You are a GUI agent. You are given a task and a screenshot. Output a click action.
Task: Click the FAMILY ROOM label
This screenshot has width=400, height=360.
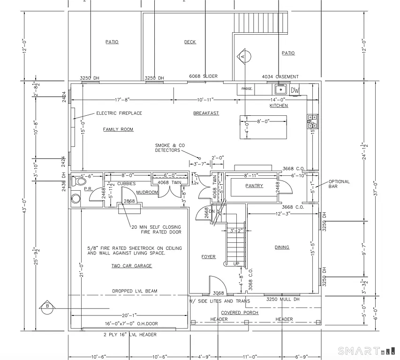pyautogui.click(x=118, y=129)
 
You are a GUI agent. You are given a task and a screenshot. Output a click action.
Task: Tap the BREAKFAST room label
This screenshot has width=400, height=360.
pyautogui.click(x=206, y=113)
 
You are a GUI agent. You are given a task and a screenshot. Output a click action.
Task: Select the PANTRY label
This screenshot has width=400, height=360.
pyautogui.click(x=254, y=186)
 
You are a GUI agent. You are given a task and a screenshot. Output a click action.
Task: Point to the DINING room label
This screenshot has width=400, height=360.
pyautogui.click(x=282, y=247)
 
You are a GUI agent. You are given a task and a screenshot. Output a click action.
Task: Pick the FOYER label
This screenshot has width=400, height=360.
pyautogui.click(x=208, y=256)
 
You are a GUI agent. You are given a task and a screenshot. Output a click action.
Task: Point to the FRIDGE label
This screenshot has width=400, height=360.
pyautogui.click(x=247, y=89)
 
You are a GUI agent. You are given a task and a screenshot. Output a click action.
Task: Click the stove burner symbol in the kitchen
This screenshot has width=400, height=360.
pyautogui.click(x=312, y=121)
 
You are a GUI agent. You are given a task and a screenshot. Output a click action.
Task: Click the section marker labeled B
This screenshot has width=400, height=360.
pyautogui.click(x=47, y=306)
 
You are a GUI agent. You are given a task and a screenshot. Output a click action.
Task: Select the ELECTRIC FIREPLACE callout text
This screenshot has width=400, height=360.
pyautogui.click(x=119, y=113)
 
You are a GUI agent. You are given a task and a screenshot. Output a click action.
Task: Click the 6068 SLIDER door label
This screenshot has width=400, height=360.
pyautogui.click(x=204, y=76)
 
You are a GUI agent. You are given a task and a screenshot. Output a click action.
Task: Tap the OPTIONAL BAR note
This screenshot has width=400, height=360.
pyautogui.click(x=339, y=184)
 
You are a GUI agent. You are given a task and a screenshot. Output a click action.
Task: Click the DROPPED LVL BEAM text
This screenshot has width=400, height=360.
pyautogui.click(x=135, y=291)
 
